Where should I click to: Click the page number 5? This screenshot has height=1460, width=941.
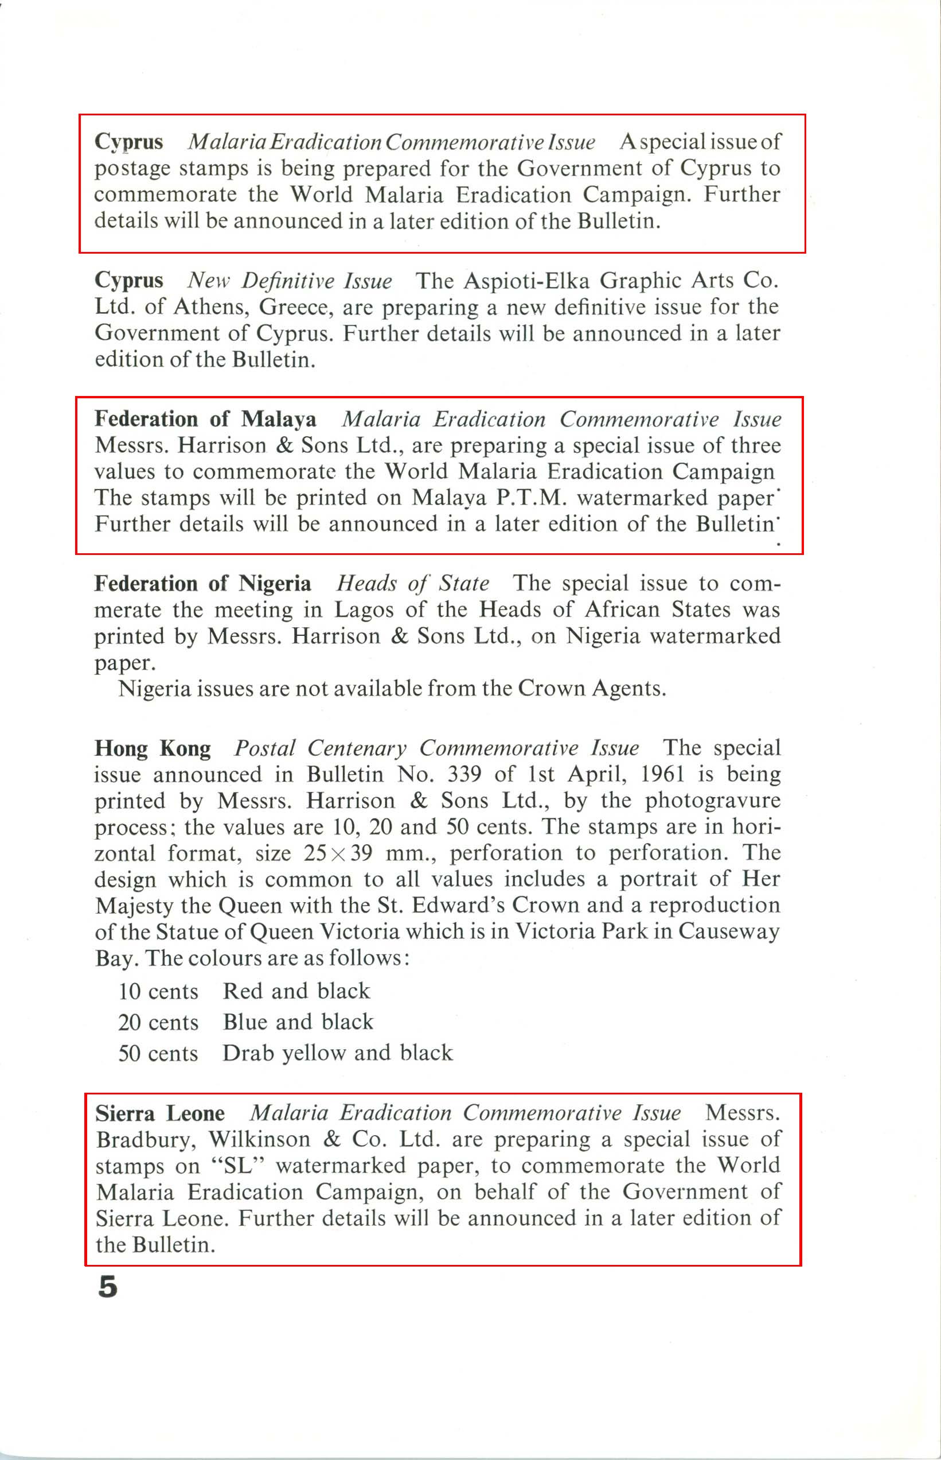pyautogui.click(x=108, y=1287)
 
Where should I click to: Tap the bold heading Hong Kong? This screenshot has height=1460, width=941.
pyautogui.click(x=152, y=748)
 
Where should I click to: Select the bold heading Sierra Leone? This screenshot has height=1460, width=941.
pyautogui.click(x=159, y=1113)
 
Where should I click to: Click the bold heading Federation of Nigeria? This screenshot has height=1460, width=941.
pyautogui.click(x=202, y=584)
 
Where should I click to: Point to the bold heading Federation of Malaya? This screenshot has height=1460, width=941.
pyautogui.click(x=205, y=420)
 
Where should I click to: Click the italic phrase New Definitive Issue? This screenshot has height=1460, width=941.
pyautogui.click(x=290, y=281)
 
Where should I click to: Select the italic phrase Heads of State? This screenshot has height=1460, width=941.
pyautogui.click(x=412, y=584)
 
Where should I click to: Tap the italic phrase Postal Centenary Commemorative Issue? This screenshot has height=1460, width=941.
pyautogui.click(x=437, y=748)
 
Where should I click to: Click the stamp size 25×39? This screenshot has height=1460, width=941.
pyautogui.click(x=338, y=853)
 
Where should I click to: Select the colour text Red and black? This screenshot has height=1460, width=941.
pyautogui.click(x=296, y=991)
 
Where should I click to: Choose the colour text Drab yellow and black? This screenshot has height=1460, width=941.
pyautogui.click(x=337, y=1053)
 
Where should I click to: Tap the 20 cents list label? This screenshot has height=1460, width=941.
pyautogui.click(x=158, y=1022)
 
